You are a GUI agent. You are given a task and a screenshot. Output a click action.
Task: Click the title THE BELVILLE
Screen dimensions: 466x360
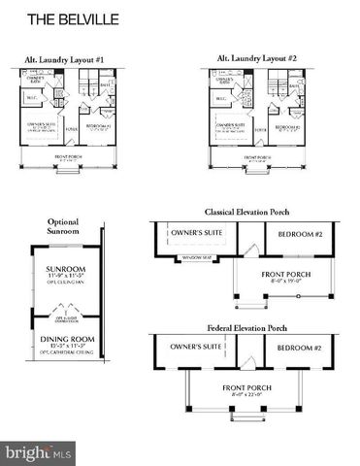coord(66,18)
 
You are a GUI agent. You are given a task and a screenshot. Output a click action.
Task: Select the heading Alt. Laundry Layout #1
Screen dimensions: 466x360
coord(65,59)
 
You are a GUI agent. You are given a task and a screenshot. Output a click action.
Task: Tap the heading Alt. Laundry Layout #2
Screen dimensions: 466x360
coord(254,59)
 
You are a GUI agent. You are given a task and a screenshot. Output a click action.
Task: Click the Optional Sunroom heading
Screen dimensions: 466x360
coord(64,227)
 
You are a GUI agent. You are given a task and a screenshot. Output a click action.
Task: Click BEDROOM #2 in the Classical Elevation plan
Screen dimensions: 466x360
coord(300,235)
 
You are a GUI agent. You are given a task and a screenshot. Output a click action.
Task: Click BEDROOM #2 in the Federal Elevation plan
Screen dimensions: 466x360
coord(300,348)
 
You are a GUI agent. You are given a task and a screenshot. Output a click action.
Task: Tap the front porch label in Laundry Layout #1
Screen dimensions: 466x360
coord(67,156)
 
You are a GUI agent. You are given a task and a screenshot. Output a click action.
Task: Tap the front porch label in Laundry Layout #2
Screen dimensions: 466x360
coord(256,156)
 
